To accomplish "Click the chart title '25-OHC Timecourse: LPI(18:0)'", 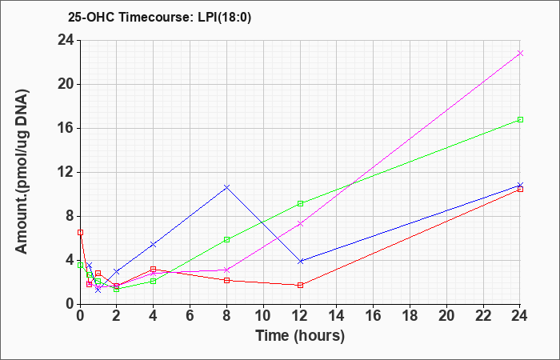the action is [159, 17].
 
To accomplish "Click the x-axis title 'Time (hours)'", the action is [300, 336].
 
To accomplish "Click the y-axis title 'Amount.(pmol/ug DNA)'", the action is [22, 172].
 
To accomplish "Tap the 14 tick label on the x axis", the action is [337, 316].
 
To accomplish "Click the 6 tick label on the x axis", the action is [190, 316].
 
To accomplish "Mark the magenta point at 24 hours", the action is [520, 54].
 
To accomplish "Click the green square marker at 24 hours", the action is [520, 120].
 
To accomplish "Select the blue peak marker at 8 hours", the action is [226, 187].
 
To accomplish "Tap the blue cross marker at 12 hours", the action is [300, 261].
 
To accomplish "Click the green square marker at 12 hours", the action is [300, 203].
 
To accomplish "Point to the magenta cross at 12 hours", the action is [300, 223].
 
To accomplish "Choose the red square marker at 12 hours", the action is [300, 285].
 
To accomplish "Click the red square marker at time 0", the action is [80, 233].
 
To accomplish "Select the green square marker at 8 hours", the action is [226, 240].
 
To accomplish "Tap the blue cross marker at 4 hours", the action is [154, 244].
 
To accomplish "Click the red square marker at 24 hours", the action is [520, 190].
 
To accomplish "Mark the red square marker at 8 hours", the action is [226, 280].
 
